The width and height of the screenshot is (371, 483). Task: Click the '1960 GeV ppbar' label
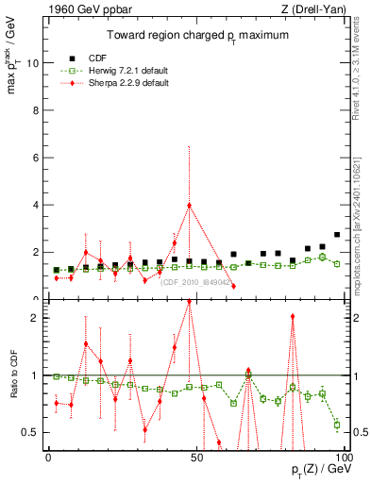click(68, 9)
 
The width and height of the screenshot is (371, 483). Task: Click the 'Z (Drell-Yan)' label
click(315, 9)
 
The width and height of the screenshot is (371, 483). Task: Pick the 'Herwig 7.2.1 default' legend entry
click(128, 69)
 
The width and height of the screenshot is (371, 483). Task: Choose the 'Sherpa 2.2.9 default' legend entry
click(128, 82)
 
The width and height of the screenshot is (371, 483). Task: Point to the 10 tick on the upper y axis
click(34, 63)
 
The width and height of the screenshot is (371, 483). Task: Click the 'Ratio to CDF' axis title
click(14, 375)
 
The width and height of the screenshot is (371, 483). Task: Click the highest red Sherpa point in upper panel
click(189, 205)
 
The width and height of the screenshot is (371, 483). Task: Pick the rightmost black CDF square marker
click(337, 235)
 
